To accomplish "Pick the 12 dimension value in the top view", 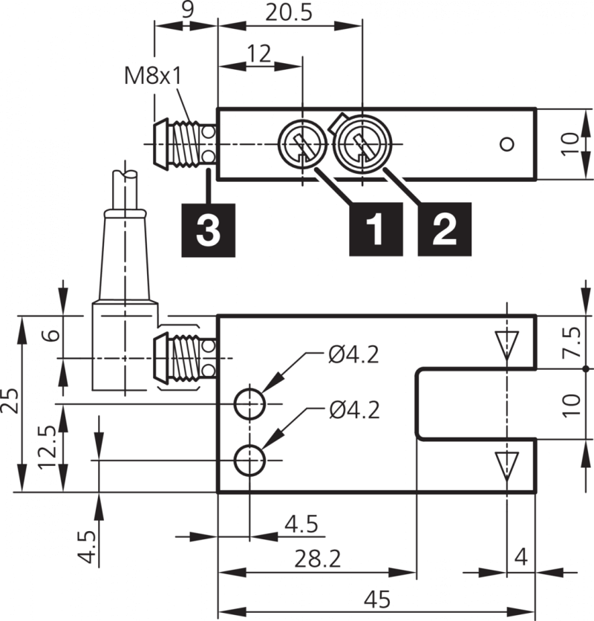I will click(x=259, y=54).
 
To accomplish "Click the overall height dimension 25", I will click(x=10, y=404).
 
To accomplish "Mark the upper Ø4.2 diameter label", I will click(x=353, y=355).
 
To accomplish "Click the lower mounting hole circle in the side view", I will click(x=249, y=461).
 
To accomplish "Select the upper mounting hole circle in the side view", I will click(x=249, y=404).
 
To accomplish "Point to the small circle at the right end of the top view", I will click(x=506, y=144).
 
